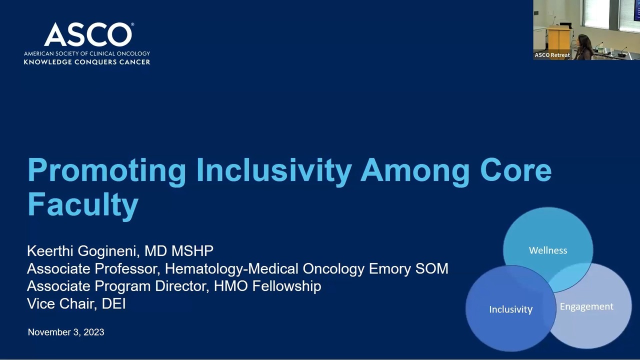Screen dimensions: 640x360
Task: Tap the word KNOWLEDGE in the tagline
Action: tap(47, 62)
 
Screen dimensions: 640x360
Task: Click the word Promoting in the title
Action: tap(107, 170)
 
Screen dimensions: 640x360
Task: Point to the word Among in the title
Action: tap(415, 170)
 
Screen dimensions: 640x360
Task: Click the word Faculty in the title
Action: tap(83, 205)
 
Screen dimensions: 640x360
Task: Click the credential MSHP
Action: tap(192, 251)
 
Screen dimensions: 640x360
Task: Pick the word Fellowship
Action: tap(286, 286)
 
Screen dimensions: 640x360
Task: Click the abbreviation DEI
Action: tap(113, 303)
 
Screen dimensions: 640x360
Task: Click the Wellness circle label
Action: tap(548, 250)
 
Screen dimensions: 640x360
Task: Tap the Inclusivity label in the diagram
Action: tap(511, 309)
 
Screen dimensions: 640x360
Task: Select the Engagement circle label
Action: tap(586, 306)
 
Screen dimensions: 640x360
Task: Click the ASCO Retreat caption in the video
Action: tap(552, 55)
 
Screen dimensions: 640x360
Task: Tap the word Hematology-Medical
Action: tap(231, 269)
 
